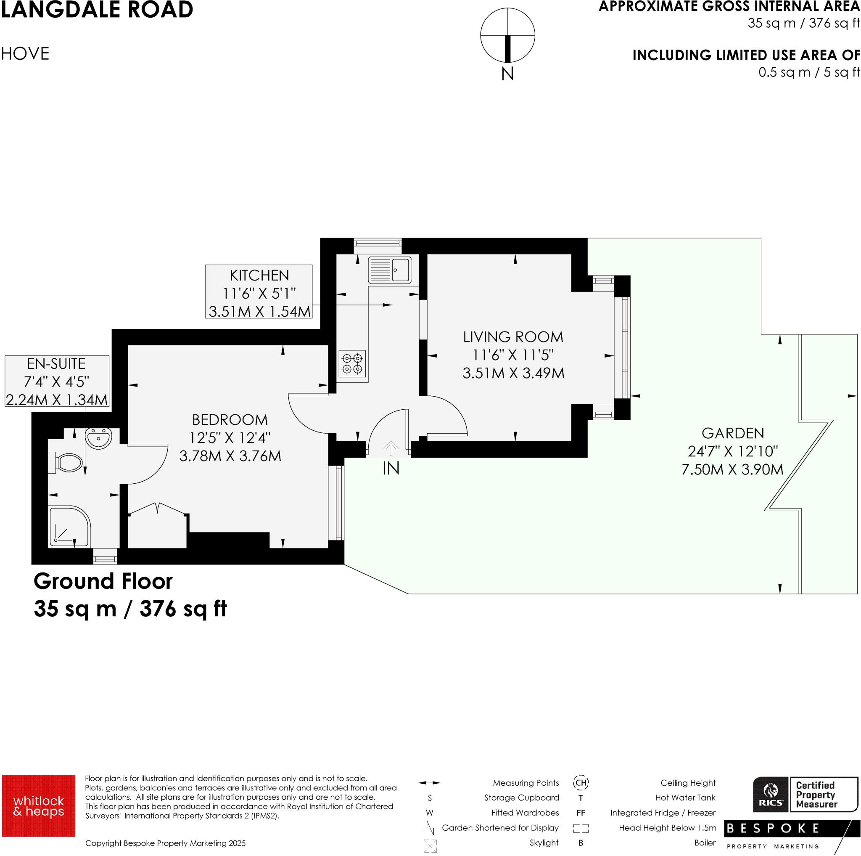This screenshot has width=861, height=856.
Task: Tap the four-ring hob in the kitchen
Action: [352, 363]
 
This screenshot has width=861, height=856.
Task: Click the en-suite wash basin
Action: [98, 439]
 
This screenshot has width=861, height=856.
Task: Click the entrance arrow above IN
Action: [391, 448]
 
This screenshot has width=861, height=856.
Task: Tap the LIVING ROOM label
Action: [513, 337]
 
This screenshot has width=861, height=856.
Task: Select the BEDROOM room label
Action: [230, 419]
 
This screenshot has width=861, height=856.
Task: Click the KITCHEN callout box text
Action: [259, 292]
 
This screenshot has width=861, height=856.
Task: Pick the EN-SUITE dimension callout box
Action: [57, 381]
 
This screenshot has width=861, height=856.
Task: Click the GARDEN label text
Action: [733, 433]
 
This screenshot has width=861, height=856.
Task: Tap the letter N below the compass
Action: [507, 74]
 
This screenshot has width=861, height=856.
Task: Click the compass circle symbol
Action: [507, 35]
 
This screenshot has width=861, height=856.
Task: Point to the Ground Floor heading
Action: [103, 581]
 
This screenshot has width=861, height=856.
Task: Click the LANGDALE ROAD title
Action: [97, 10]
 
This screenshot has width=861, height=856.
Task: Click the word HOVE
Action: [25, 54]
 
